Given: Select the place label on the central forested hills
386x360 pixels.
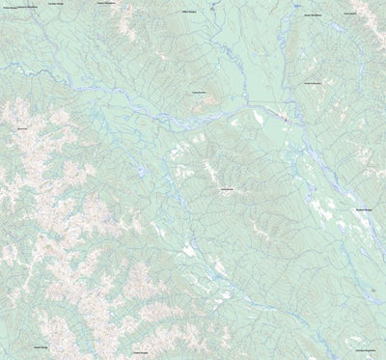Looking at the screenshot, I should point(227,188).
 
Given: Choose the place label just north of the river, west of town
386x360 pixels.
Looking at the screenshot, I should point(202,91).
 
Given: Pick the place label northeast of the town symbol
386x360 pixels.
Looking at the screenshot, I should point(312,83).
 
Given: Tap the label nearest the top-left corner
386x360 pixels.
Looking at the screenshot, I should point(16,7).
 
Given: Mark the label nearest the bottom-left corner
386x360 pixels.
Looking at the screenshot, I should point(41,346).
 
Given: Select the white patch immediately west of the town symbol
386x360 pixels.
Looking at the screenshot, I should point(259,118).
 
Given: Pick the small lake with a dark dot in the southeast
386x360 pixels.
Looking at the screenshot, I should point(372,288).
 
